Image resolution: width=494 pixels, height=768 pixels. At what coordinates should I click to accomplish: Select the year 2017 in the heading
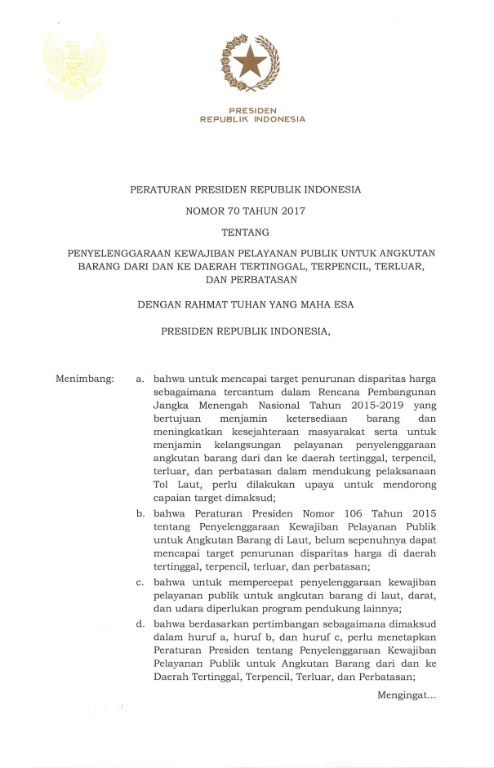click(291, 211)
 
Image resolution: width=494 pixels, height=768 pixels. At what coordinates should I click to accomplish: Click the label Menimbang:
click(84, 379)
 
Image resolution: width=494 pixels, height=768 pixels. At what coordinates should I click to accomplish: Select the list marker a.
click(140, 379)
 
